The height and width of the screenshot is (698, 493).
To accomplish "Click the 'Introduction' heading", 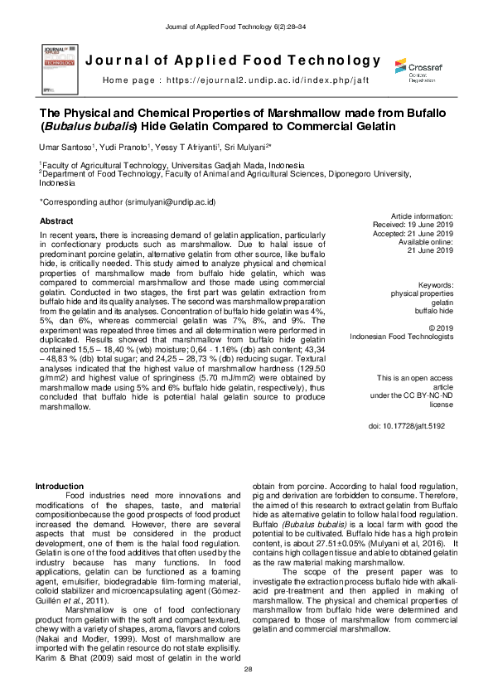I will click(64, 486).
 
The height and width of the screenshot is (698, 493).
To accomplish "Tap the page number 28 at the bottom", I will click(246, 668).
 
